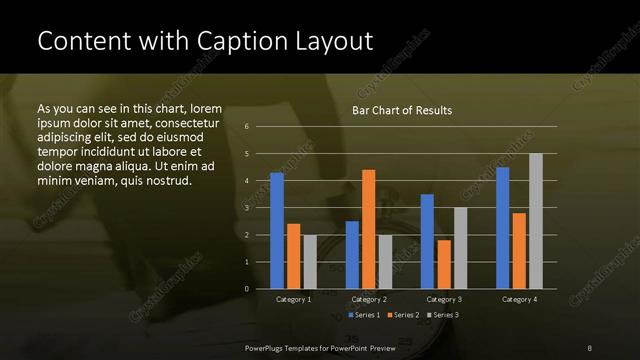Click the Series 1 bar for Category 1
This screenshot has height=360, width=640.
(277, 230)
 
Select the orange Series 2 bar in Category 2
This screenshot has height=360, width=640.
(368, 229)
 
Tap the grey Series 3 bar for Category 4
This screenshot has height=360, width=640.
(535, 220)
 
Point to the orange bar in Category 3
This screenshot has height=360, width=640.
(443, 264)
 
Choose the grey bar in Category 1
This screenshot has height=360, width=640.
(310, 262)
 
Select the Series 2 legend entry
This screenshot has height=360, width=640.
(403, 315)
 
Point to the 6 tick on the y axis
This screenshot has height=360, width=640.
(246, 127)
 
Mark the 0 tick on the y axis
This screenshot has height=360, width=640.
(246, 289)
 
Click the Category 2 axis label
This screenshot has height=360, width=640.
(369, 299)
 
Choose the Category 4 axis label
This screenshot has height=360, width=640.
(519, 299)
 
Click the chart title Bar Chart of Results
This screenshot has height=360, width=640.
(402, 110)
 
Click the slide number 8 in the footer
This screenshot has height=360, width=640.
(590, 347)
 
